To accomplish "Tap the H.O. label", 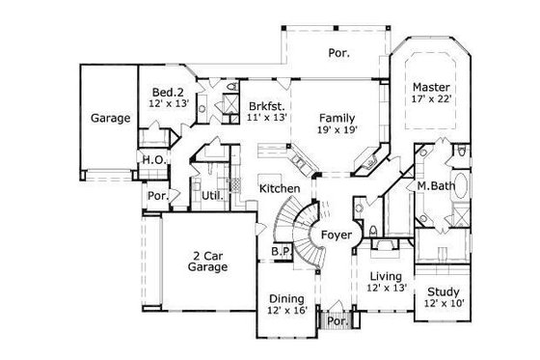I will (152, 160).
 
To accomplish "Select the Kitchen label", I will (280, 187).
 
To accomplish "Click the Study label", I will (443, 291).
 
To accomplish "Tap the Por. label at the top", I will (339, 52).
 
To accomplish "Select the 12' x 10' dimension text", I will (443, 304).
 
